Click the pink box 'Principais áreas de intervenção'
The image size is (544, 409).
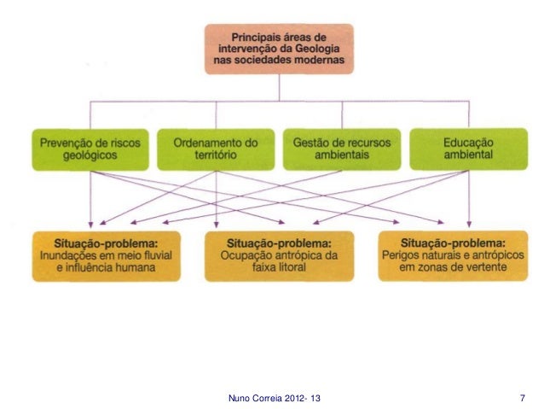279,50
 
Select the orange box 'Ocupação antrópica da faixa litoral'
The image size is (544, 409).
279,254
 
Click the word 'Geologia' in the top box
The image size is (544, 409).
321,50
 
